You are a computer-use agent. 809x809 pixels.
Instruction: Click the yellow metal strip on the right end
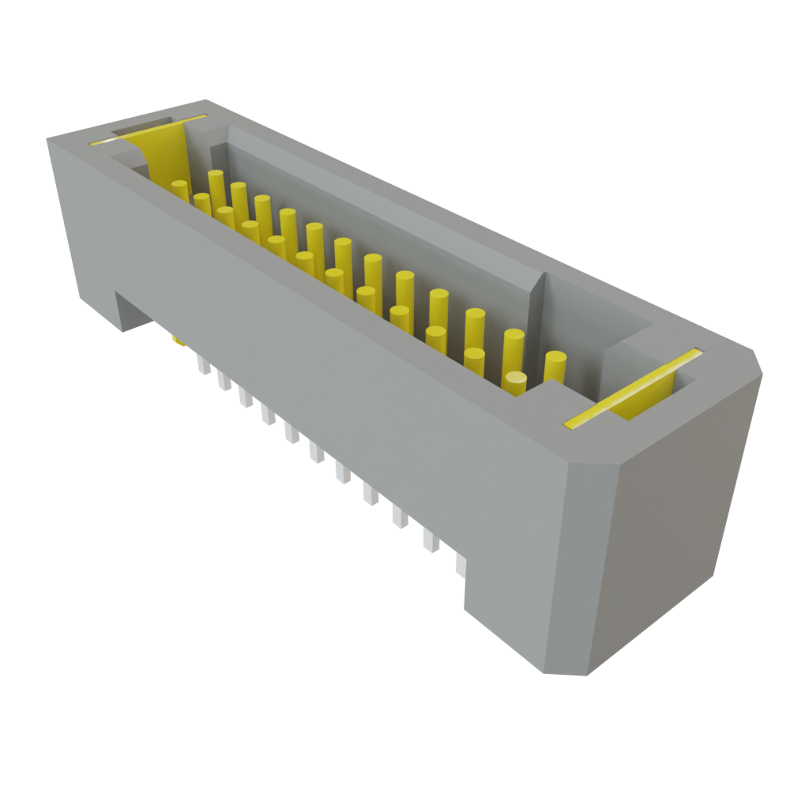click(632, 386)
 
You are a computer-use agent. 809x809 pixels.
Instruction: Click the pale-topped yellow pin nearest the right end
click(515, 383)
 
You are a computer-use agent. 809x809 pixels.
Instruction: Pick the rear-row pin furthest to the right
click(555, 365)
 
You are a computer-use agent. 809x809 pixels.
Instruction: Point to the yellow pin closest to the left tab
click(180, 191)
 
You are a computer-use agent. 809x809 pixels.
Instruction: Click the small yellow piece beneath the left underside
click(179, 341)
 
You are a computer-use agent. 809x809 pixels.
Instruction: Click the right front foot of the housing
click(506, 616)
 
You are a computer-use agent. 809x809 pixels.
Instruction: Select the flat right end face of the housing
click(672, 537)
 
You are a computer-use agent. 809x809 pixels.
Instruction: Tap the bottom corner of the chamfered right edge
click(545, 673)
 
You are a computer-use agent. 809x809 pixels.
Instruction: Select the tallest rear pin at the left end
click(216, 184)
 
